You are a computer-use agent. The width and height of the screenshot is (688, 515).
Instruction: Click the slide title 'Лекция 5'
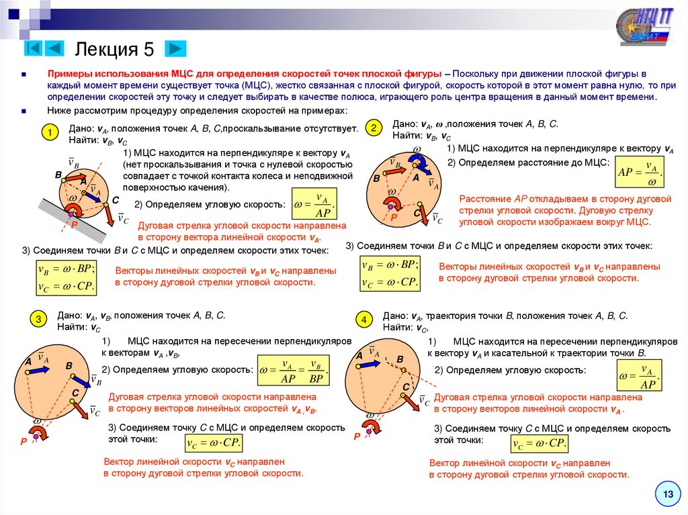pos(114,49)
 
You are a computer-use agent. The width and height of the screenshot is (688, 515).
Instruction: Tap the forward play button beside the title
pos(175,48)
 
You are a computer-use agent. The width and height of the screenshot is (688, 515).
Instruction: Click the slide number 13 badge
pos(668,495)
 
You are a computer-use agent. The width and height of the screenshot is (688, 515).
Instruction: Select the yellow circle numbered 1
pos(48,134)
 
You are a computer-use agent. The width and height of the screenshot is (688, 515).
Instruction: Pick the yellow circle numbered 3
pos(39,319)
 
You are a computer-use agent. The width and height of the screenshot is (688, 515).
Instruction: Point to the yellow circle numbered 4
pos(363,320)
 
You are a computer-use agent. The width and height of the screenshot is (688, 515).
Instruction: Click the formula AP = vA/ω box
pos(639,173)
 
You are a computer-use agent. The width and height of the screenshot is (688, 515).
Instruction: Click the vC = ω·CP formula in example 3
pos(213,443)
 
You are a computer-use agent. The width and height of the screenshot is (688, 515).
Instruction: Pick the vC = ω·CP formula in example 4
pos(540,443)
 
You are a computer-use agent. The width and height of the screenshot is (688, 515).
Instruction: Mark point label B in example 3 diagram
pos(69,365)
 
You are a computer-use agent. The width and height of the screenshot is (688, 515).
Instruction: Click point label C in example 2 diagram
pos(417,213)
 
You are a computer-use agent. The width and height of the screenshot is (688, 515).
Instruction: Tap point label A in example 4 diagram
pos(359,355)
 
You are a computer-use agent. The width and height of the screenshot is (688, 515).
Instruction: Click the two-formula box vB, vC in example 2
pos(390,273)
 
